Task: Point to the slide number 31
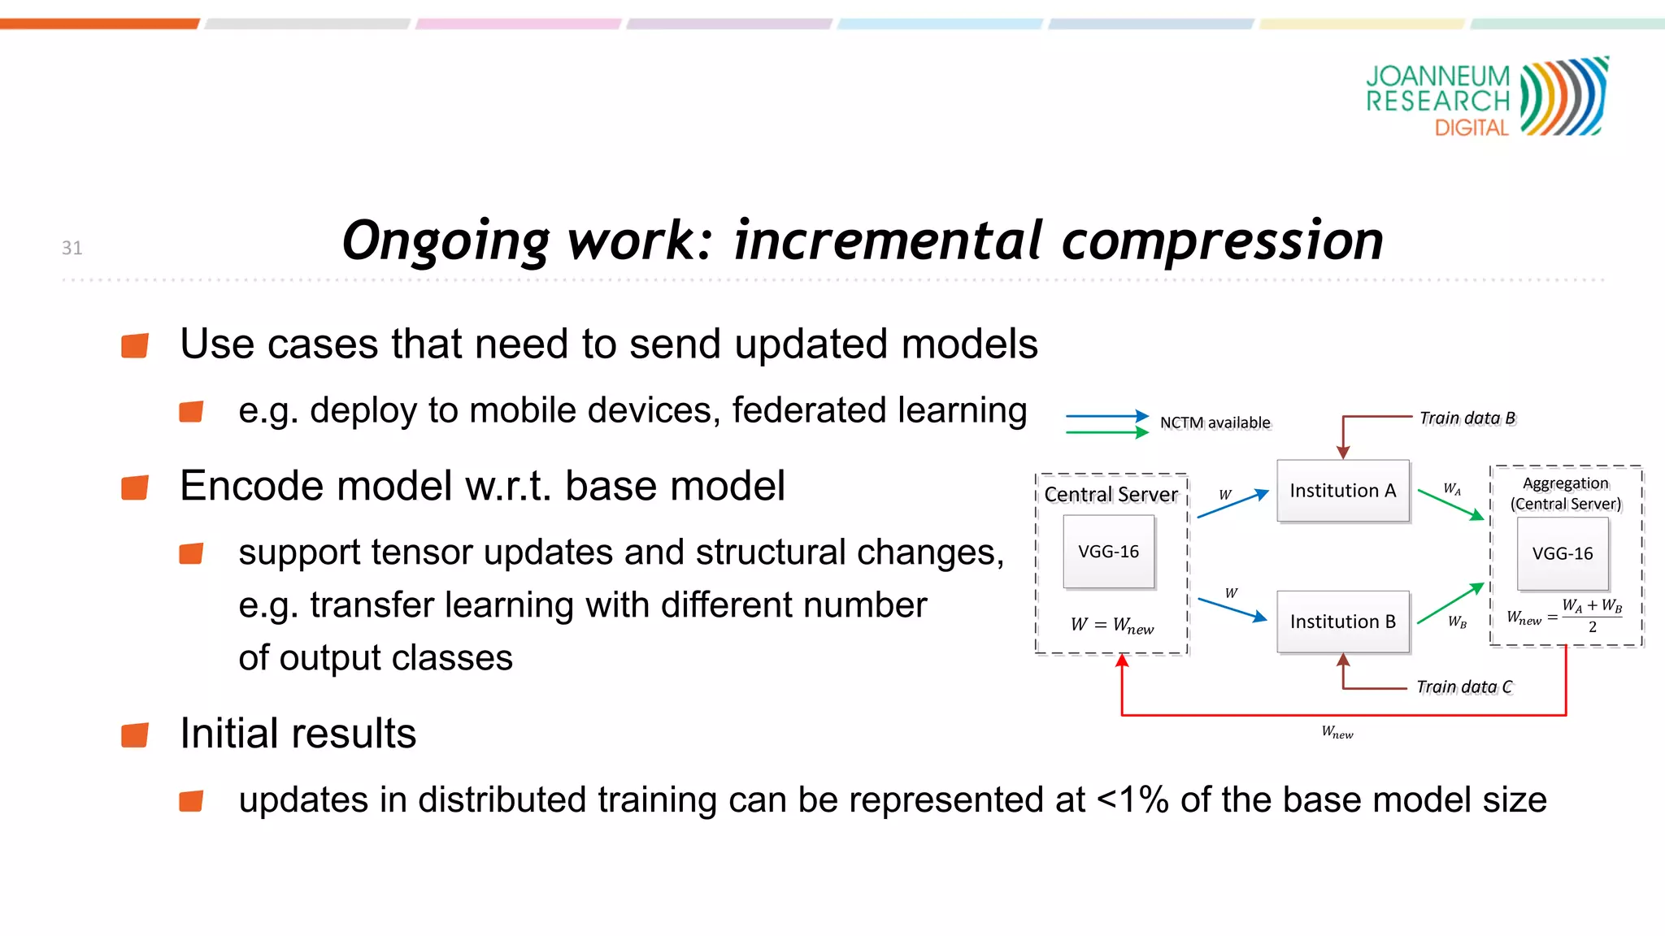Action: pyautogui.click(x=72, y=248)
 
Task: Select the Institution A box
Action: pyautogui.click(x=1342, y=491)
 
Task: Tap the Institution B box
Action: pyautogui.click(x=1342, y=622)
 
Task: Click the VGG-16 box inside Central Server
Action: pyautogui.click(x=1108, y=552)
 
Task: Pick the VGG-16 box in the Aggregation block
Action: pyautogui.click(x=1562, y=554)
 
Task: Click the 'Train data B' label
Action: pyautogui.click(x=1467, y=418)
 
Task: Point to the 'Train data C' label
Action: pyautogui.click(x=1464, y=687)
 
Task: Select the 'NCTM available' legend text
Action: pyautogui.click(x=1215, y=422)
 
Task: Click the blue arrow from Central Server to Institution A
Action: pyautogui.click(x=1232, y=505)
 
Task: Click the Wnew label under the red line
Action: pyautogui.click(x=1337, y=733)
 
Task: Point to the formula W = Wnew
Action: pyautogui.click(x=1111, y=625)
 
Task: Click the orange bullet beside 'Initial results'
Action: pyautogui.click(x=135, y=734)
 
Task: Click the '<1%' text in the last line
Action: pyautogui.click(x=1132, y=800)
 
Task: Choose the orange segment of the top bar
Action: pyautogui.click(x=99, y=24)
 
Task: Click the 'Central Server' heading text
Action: pyautogui.click(x=1111, y=494)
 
